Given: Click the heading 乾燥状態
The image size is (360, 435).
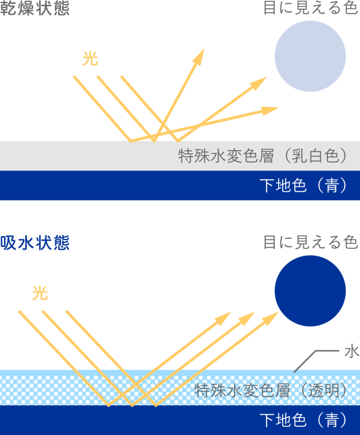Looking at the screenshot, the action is [x=35, y=7].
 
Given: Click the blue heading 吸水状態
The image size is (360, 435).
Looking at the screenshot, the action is [x=35, y=243].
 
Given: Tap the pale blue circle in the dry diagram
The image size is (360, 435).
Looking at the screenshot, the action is [x=310, y=56].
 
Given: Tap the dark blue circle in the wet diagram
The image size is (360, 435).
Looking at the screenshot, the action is [x=310, y=291].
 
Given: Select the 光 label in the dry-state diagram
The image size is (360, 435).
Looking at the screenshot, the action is [x=90, y=59].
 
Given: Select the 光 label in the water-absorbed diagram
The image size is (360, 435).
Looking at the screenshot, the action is [x=40, y=293].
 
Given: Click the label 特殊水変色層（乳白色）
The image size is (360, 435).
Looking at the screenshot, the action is [x=263, y=156].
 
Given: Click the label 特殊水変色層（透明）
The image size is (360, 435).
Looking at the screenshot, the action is [x=271, y=390].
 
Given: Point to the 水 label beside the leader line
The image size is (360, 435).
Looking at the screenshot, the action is [x=352, y=352].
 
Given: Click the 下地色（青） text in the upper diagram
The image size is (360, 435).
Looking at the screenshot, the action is [x=303, y=185].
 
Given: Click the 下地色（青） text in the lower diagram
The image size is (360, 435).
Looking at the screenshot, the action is [x=303, y=420].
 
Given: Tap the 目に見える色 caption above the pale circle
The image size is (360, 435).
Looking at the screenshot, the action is [x=311, y=7].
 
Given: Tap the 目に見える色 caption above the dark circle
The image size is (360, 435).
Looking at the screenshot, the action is [x=311, y=242].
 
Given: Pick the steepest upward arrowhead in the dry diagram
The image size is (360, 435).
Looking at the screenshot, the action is [x=200, y=57].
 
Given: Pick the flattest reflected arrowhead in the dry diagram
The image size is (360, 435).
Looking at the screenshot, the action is [x=270, y=110].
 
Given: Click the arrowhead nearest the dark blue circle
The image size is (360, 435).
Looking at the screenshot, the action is [x=271, y=318].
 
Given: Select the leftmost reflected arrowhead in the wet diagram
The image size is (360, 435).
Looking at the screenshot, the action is [x=223, y=318].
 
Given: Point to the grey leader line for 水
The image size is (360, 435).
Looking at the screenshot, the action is [x=317, y=360].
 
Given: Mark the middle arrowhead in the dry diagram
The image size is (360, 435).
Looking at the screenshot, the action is [x=258, y=83].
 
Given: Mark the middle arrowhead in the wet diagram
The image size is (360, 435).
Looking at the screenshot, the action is [x=247, y=318].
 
